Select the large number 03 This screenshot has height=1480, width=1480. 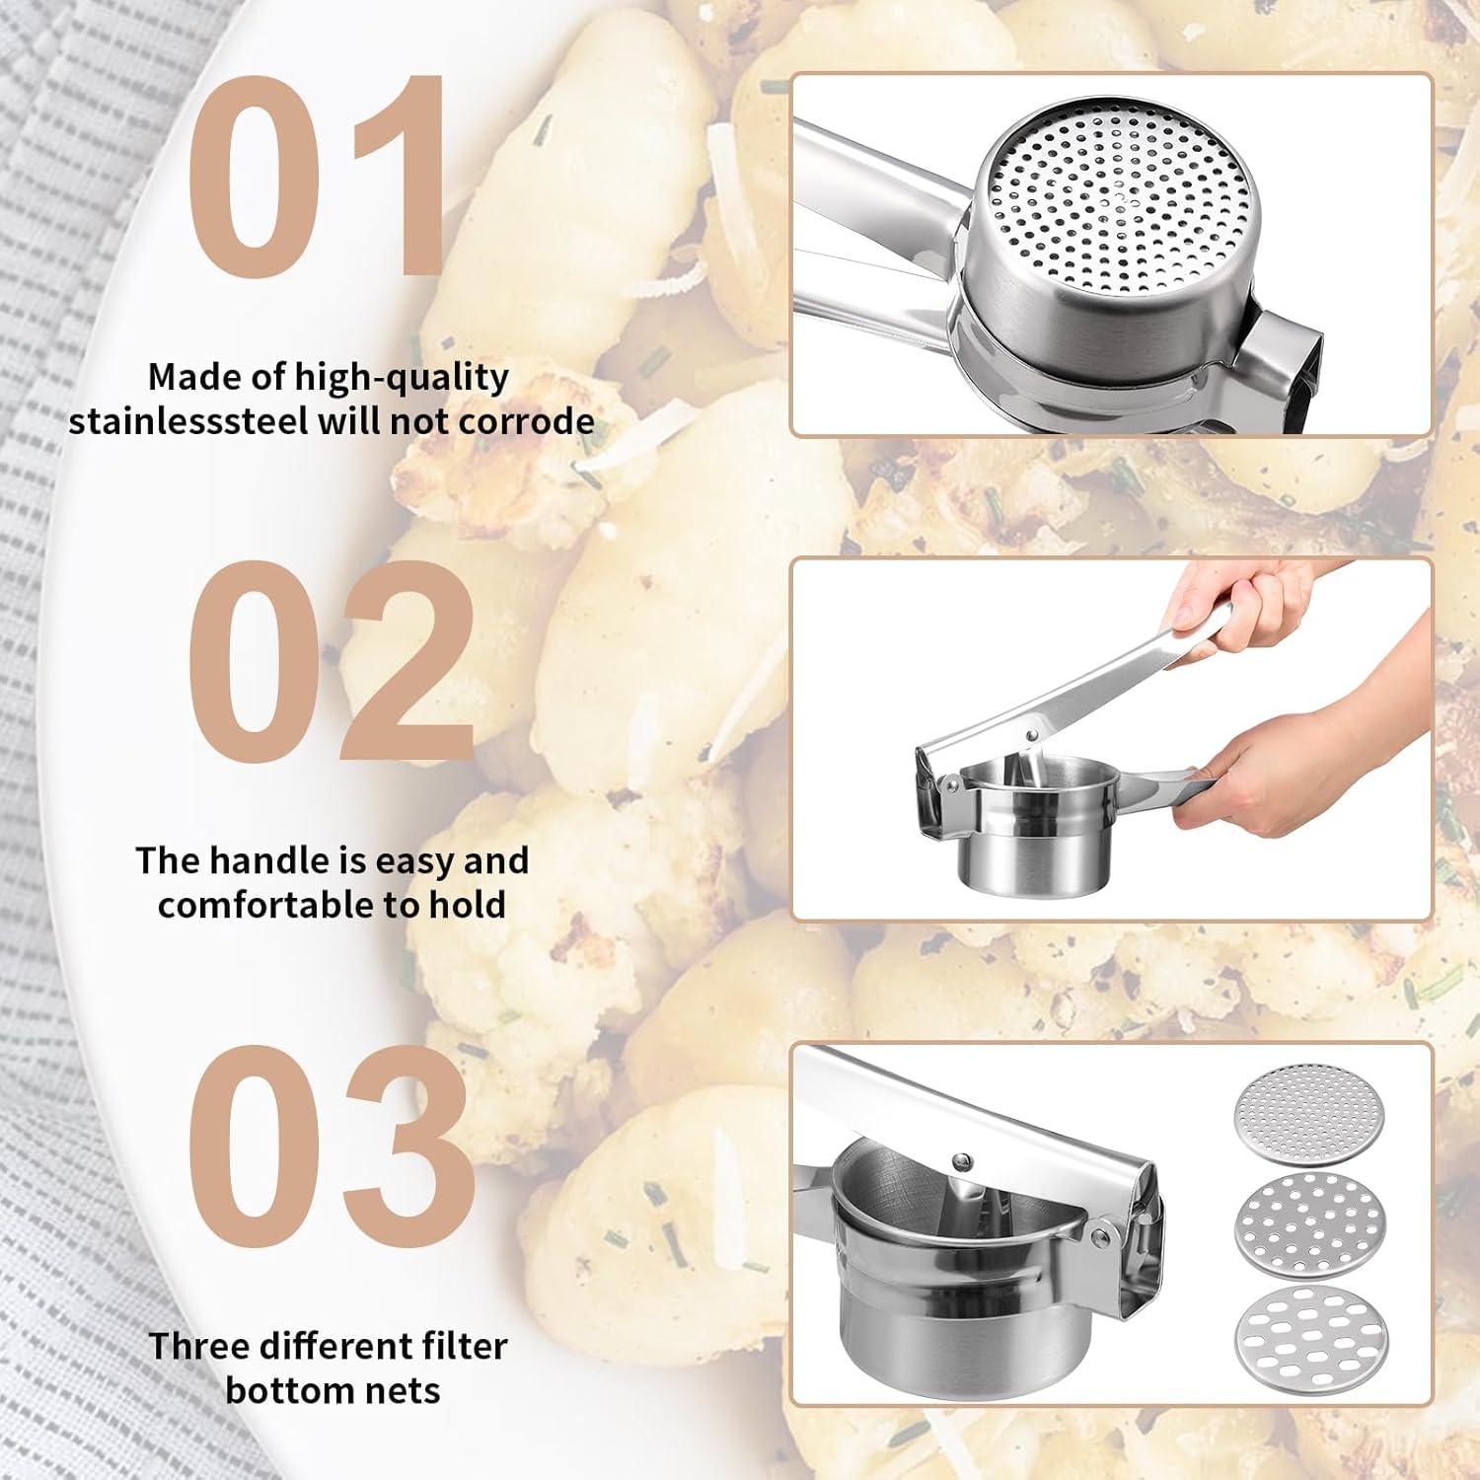[x=331, y=1145]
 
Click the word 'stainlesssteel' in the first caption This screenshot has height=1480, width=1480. [x=188, y=421]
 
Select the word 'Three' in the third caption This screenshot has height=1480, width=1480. [x=200, y=1346]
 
